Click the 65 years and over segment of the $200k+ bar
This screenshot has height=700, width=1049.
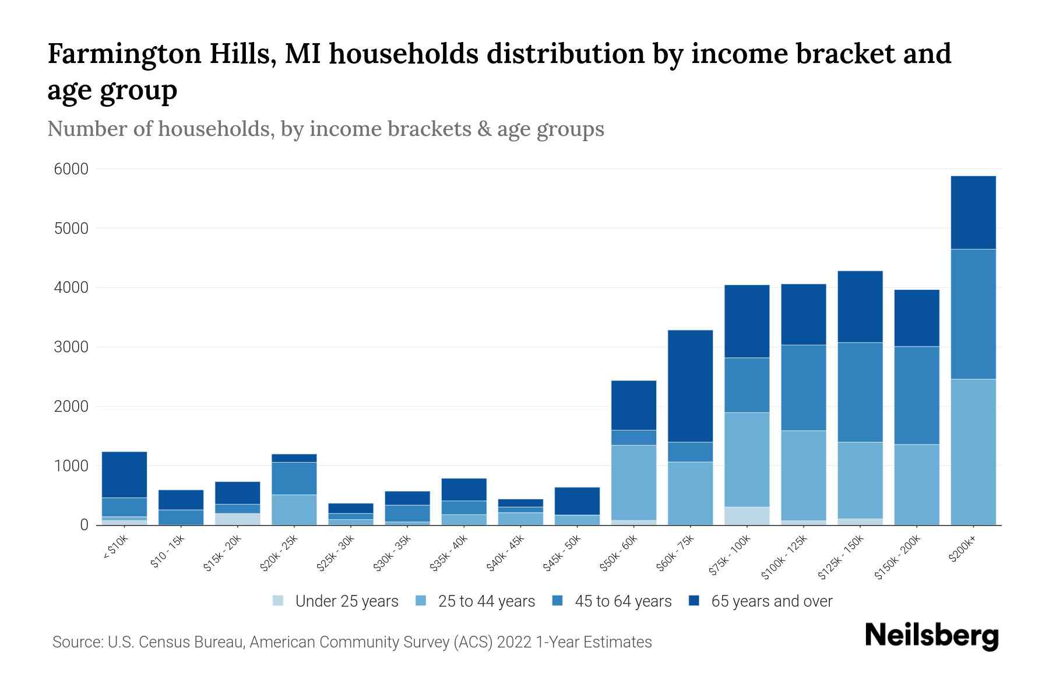coord(973,212)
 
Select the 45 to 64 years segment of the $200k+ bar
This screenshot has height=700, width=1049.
coord(973,314)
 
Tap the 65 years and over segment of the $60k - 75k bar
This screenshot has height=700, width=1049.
coord(690,386)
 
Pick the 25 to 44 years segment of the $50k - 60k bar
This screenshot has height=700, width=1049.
coord(633,482)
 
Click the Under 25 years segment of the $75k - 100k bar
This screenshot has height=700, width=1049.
coord(747,516)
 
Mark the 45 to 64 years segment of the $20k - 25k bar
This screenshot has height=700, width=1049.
coord(294,478)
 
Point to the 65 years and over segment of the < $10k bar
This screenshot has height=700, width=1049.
coord(124,474)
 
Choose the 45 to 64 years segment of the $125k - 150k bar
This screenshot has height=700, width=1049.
coord(860,392)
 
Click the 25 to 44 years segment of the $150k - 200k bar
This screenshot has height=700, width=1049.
coord(916,484)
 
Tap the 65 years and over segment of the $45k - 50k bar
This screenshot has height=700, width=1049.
coord(577,501)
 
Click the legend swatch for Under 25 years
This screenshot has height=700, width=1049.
coord(278,601)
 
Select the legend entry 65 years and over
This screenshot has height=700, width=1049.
coord(771,601)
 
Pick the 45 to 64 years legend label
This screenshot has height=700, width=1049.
coord(622,601)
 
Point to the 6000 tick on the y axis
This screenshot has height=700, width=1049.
coord(71,169)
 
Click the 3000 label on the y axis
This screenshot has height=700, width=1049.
coord(71,347)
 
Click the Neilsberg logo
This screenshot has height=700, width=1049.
coord(931,636)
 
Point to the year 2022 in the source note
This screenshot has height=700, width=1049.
coord(514,642)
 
